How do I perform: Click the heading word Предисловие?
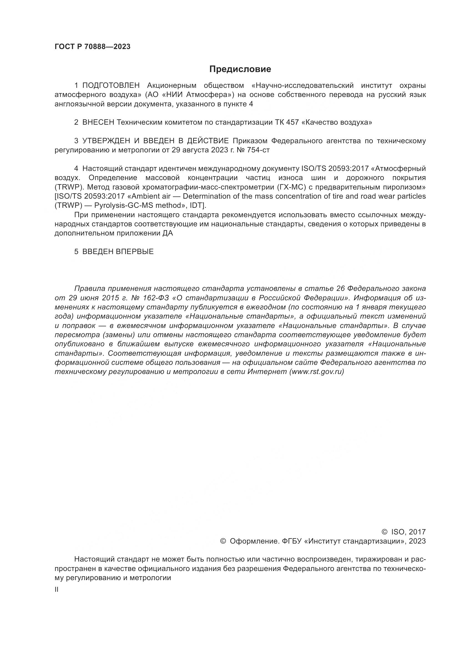240,69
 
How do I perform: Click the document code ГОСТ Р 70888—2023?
92,47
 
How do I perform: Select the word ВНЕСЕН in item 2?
98,122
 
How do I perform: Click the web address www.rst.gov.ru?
317,372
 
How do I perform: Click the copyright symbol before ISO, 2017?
384,532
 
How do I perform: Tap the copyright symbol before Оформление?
223,541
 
